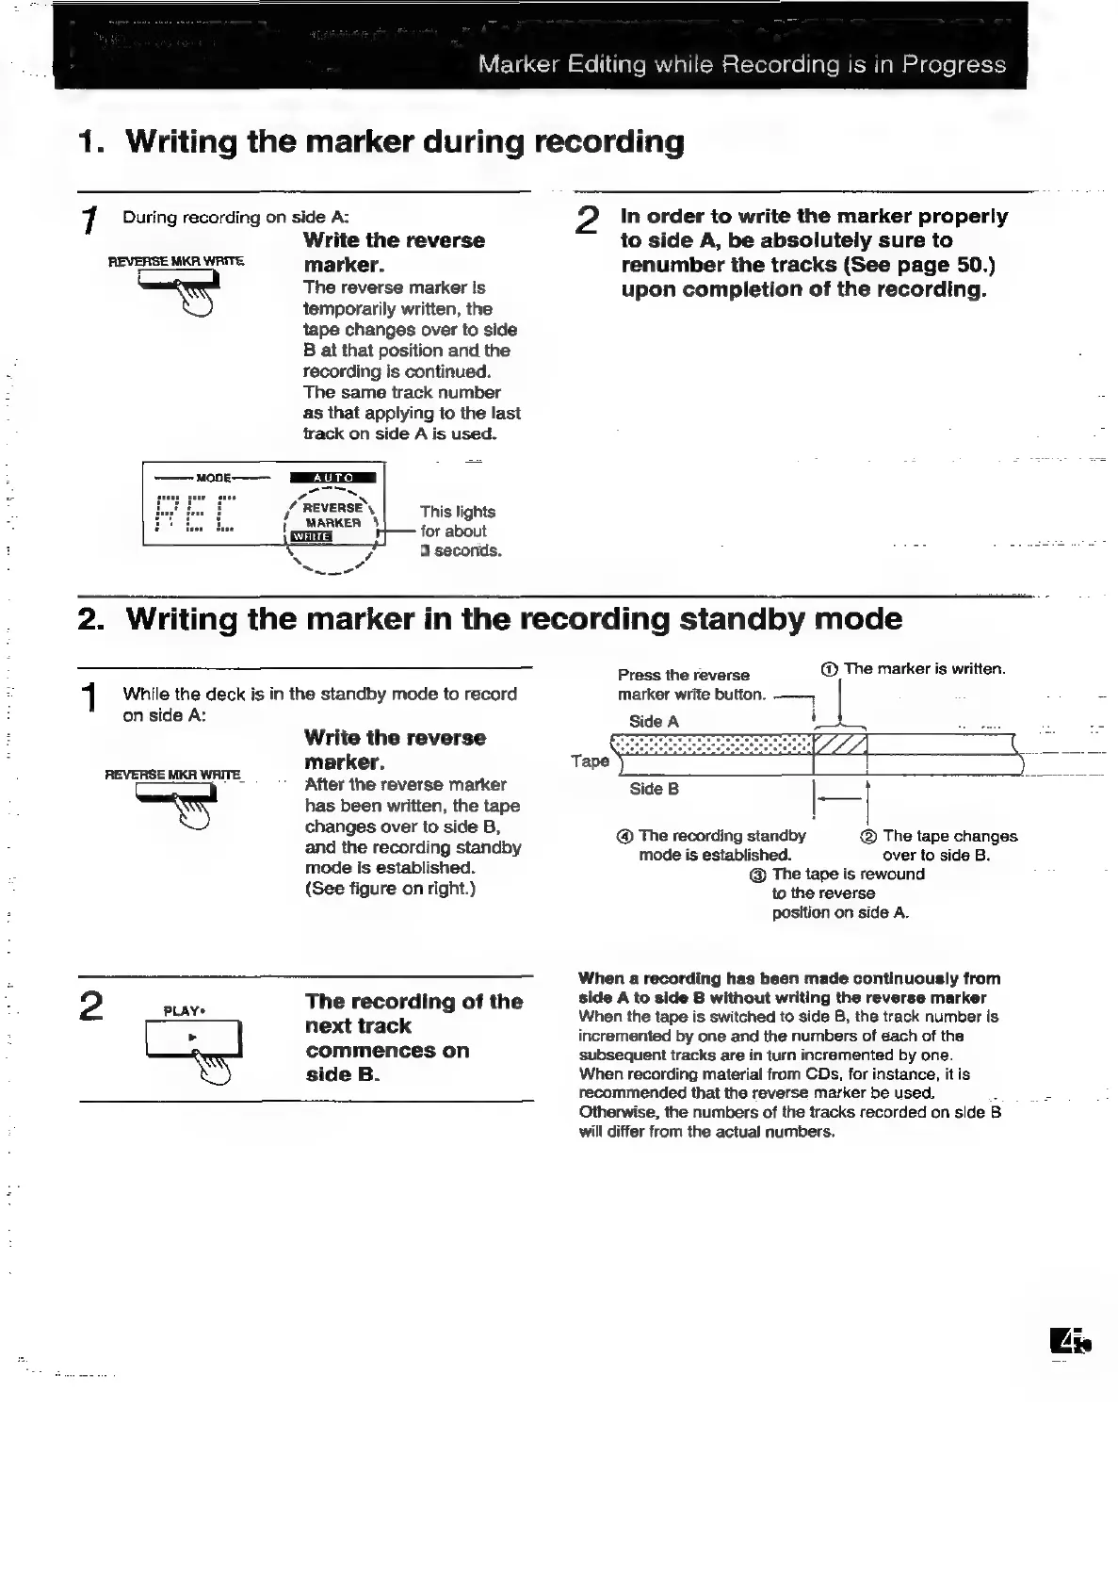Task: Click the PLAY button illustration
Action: click(x=193, y=1039)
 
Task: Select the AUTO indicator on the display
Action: click(x=332, y=478)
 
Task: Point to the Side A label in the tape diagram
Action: click(x=653, y=722)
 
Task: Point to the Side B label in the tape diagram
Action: click(x=654, y=789)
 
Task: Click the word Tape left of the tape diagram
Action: click(x=591, y=761)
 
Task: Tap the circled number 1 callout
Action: click(x=829, y=669)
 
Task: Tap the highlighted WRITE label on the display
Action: click(x=311, y=537)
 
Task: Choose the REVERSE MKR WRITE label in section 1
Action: click(x=177, y=260)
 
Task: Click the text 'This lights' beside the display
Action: click(x=457, y=512)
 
